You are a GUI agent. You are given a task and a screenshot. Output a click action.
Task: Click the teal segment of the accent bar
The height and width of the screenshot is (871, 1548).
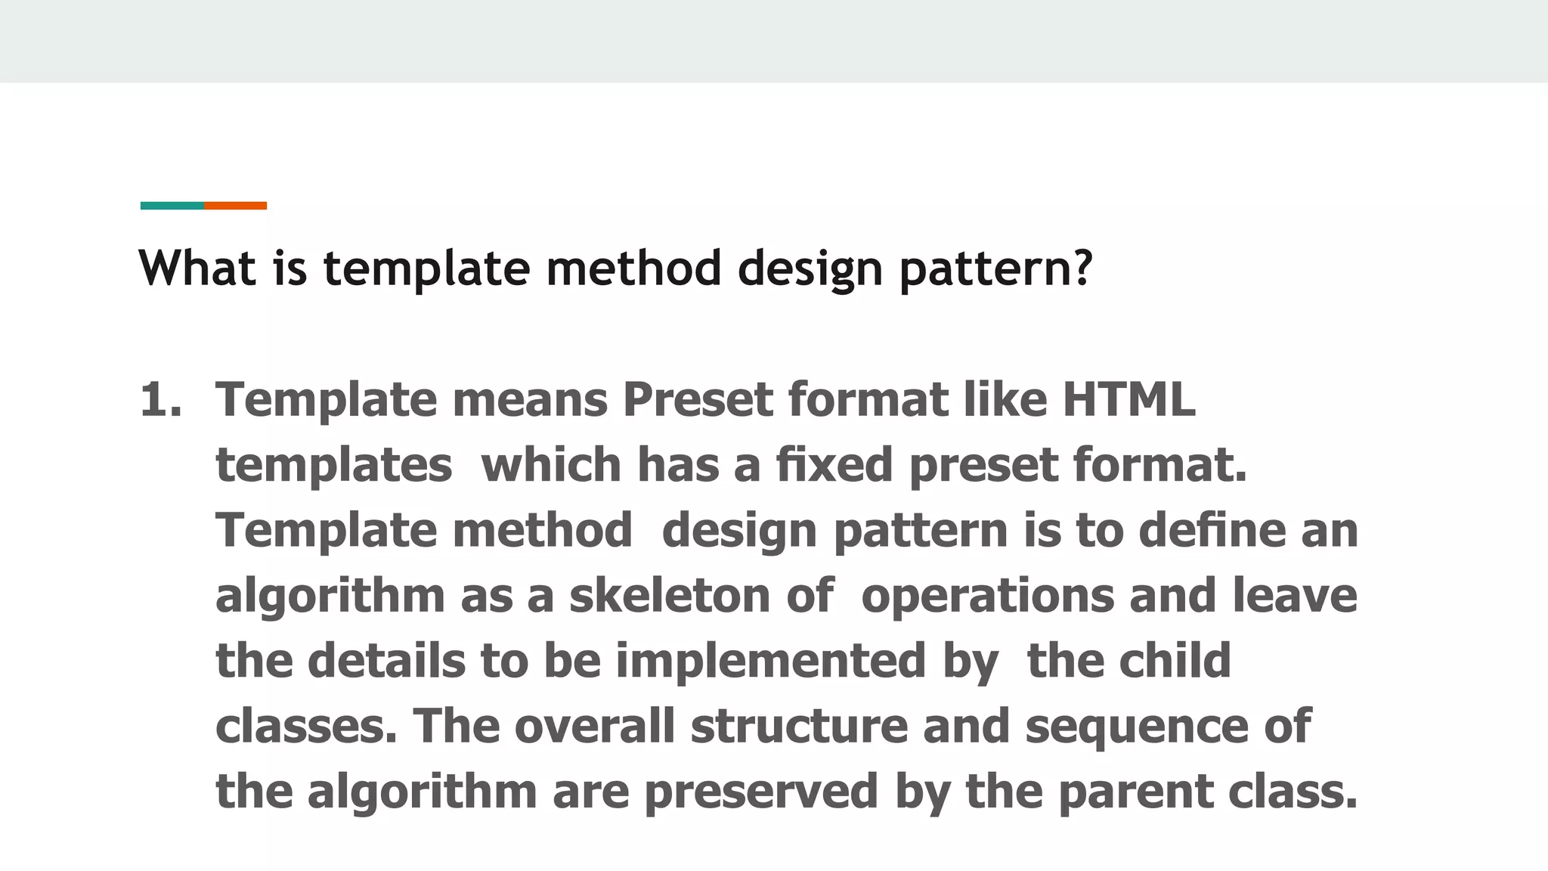[172, 206]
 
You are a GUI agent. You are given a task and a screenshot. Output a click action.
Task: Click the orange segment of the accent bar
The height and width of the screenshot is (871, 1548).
[235, 206]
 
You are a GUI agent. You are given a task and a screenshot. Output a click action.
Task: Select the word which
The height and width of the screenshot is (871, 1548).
[551, 464]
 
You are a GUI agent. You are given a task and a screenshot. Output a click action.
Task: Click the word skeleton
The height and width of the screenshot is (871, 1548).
[670, 595]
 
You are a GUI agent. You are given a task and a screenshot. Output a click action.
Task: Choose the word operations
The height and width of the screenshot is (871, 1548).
[987, 596]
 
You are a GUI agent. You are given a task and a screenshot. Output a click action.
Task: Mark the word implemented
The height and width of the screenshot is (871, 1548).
[770, 661]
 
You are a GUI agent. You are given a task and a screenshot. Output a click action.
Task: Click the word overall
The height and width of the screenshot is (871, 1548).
[595, 726]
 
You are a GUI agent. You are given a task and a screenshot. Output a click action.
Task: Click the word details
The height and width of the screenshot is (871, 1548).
[385, 661]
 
